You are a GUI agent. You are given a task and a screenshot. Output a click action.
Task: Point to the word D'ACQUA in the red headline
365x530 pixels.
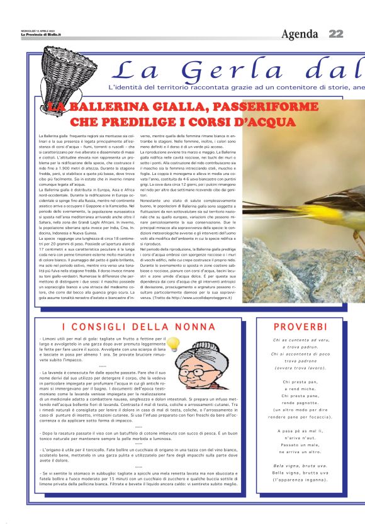[261, 121]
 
